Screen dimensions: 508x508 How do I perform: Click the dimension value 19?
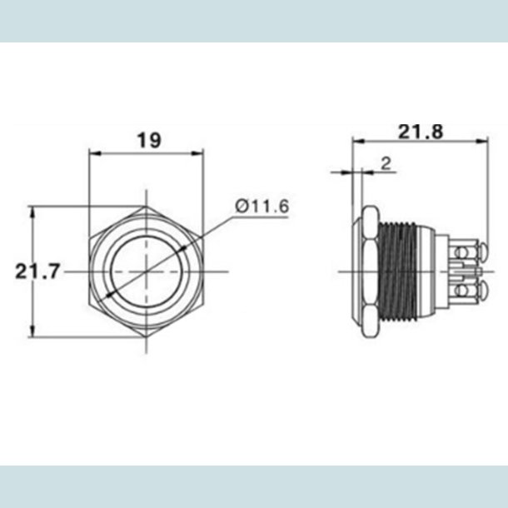click(149, 141)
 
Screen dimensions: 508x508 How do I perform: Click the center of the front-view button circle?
click(146, 271)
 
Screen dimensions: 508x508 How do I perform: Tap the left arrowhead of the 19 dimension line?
click(92, 153)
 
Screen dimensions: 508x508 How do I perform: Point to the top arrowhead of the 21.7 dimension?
click(32, 210)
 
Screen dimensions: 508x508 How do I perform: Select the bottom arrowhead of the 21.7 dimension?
click(32, 333)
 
